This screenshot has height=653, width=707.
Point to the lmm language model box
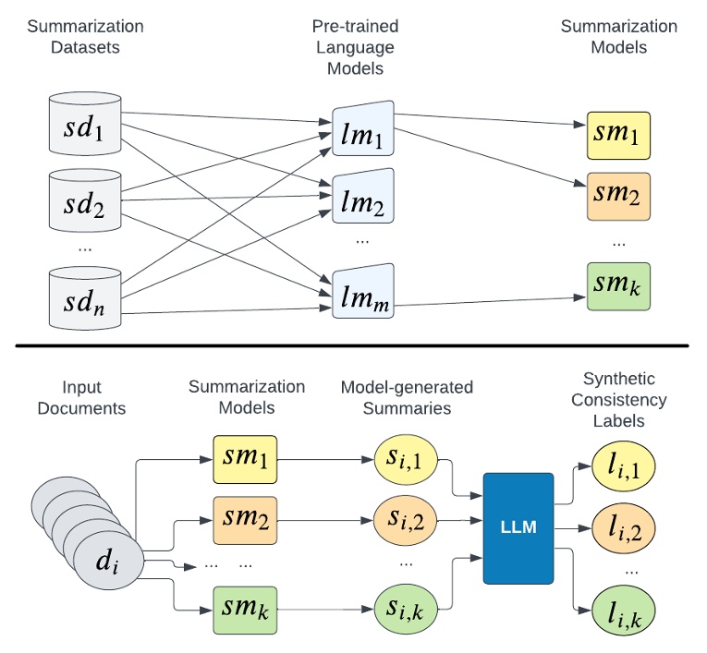363,291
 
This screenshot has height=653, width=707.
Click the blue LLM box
518,527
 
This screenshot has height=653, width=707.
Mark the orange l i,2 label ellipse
618,529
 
